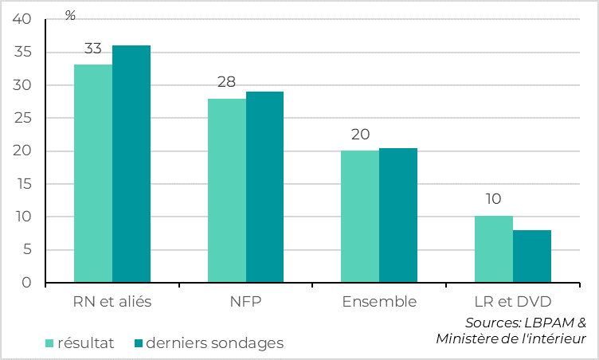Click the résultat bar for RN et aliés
[93, 174]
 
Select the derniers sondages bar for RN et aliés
[131, 164]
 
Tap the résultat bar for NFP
[227, 190]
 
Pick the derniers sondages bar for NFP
[264, 187]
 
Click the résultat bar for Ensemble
[360, 217]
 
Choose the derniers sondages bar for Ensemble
[398, 215]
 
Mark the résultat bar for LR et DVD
[494, 249]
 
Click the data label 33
[93, 49]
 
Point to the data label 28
[227, 82]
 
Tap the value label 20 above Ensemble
[360, 135]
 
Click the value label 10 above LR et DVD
[494, 199]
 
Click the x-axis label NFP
[246, 303]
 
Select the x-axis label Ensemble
[379, 303]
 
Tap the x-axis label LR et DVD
[513, 303]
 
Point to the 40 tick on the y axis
[23, 20]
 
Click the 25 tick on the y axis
[23, 119]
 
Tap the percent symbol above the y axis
[70, 15]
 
